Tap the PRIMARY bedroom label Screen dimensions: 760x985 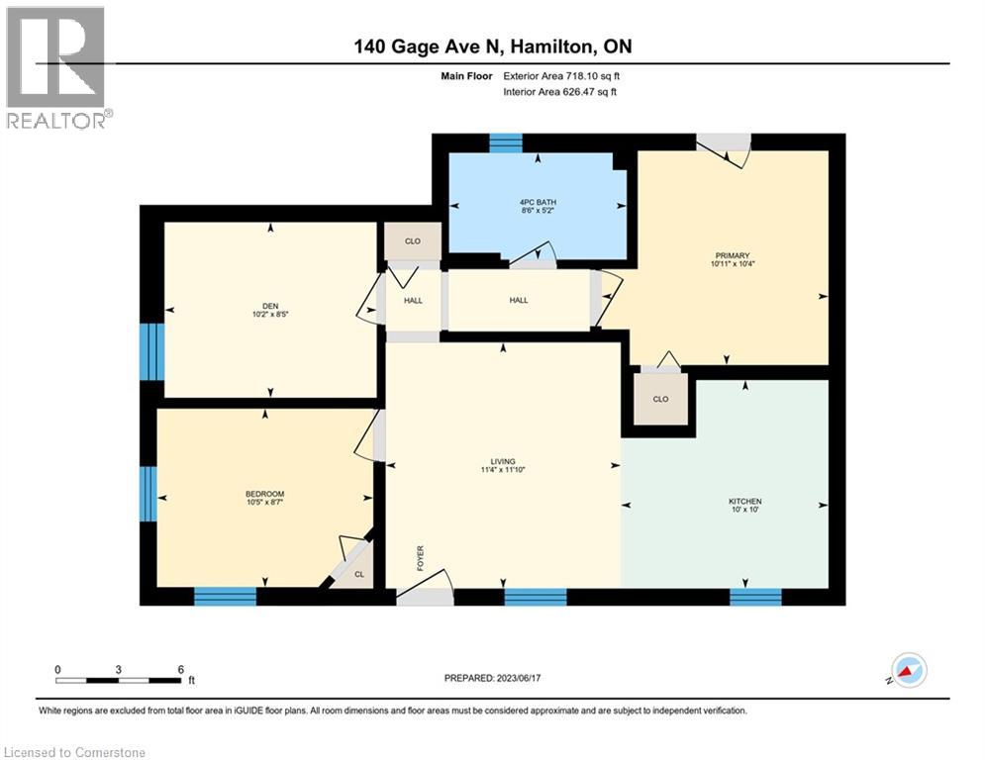[x=726, y=255]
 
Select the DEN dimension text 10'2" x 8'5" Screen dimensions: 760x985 [x=266, y=316]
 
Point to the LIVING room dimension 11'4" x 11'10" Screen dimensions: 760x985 [x=504, y=470]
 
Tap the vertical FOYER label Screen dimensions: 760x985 [x=420, y=558]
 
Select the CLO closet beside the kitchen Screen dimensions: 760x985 [x=660, y=399]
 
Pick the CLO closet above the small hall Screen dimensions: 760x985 [x=413, y=240]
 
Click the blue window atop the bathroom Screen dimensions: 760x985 [x=505, y=142]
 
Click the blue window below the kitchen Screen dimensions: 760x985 [x=755, y=596]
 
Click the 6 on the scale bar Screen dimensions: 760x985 [x=179, y=669]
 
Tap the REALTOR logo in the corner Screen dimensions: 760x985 [x=56, y=68]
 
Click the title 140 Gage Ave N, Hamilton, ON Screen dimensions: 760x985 [x=492, y=47]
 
